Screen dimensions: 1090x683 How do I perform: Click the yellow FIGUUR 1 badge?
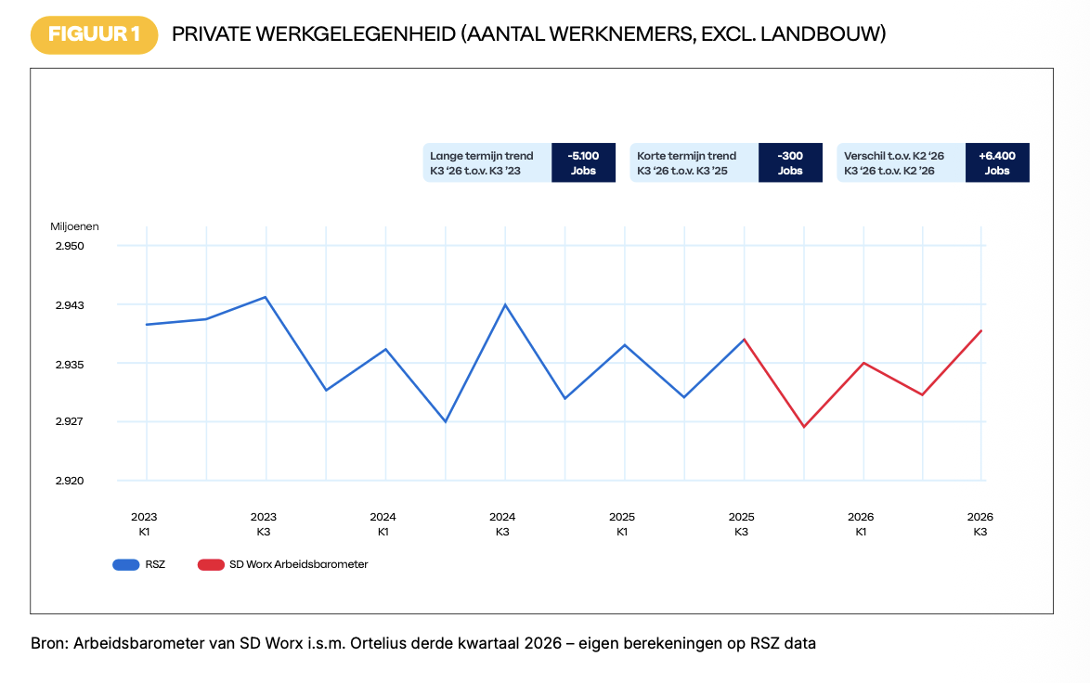(x=94, y=34)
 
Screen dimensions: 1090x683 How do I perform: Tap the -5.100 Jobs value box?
(x=583, y=162)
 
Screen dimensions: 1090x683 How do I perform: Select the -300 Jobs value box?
(x=790, y=162)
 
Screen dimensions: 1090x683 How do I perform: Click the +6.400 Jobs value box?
(x=997, y=162)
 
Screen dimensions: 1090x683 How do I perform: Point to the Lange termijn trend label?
(x=481, y=156)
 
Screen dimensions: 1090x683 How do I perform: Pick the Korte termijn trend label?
(x=686, y=156)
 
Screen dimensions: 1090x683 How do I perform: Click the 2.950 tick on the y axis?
(x=70, y=246)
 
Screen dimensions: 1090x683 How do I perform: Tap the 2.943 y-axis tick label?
(x=70, y=305)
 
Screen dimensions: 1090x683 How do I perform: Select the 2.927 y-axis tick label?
(x=70, y=421)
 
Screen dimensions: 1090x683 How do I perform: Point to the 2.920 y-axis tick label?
(x=70, y=481)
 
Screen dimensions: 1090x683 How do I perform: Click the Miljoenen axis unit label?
(x=74, y=226)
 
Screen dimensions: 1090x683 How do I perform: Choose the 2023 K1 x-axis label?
(x=144, y=524)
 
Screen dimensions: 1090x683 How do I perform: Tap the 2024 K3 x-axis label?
(x=502, y=524)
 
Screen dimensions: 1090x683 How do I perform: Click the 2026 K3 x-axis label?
(x=980, y=524)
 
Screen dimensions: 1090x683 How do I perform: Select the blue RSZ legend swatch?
(x=126, y=565)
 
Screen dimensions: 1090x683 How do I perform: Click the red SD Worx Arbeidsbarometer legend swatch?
(x=211, y=565)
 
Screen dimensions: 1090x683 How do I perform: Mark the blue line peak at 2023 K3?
(x=266, y=297)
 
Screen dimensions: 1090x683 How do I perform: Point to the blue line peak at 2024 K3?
(x=505, y=304)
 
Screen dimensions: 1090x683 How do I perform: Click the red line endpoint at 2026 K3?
(x=980, y=330)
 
